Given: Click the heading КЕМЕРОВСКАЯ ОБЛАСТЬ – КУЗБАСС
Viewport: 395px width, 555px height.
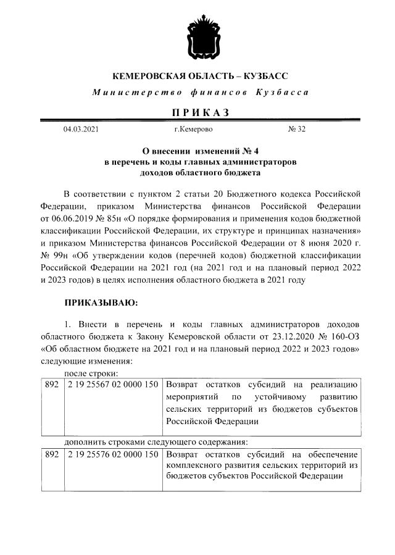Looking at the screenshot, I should [x=199, y=77].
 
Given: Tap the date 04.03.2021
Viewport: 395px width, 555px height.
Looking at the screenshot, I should [x=80, y=130].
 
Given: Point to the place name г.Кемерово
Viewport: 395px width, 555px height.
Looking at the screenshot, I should [x=193, y=130].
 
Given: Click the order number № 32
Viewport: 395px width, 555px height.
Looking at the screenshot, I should [x=297, y=130].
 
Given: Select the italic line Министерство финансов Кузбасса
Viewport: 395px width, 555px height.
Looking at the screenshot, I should [x=199, y=93].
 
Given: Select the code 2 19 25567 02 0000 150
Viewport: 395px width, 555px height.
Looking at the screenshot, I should [x=113, y=385].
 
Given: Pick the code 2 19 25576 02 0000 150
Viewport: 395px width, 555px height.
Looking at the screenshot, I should [x=113, y=454].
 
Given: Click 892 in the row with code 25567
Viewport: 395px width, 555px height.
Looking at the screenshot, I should [x=51, y=385].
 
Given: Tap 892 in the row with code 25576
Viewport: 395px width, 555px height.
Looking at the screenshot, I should [x=51, y=454].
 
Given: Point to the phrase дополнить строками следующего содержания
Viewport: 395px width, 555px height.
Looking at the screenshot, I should [x=156, y=441].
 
